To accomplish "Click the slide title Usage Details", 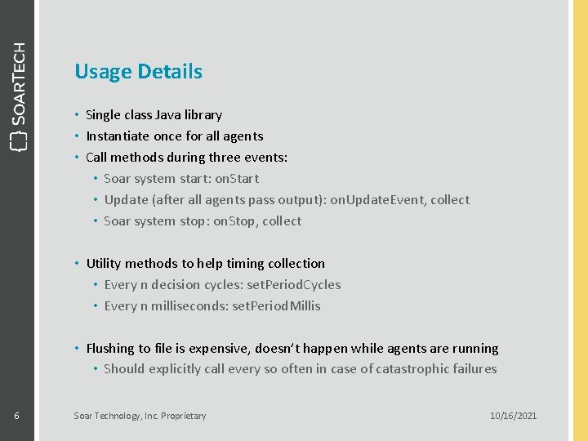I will point(138,72).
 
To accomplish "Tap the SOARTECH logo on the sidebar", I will point(18,96).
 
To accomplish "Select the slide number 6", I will point(16,416).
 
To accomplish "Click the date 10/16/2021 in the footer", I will point(513,416).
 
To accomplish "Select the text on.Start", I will point(237,179).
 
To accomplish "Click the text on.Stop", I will point(234,221).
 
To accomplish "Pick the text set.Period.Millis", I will point(276,306).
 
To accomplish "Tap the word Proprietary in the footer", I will point(184,416).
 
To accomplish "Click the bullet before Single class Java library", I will point(77,115).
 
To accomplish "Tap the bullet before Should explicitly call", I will point(96,369).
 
